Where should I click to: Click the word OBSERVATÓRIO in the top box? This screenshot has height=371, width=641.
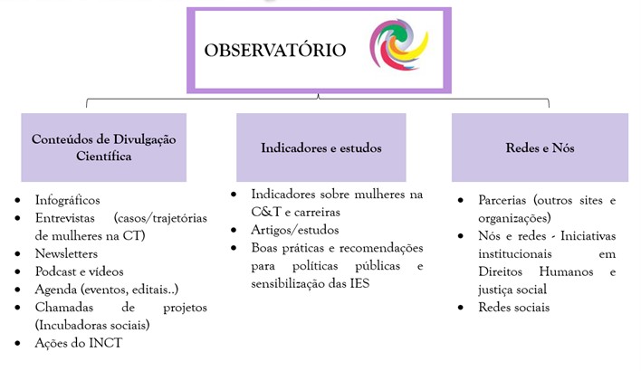(275, 50)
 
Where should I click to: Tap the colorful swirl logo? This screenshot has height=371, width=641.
(399, 44)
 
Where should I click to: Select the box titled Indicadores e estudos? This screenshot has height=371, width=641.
(320, 147)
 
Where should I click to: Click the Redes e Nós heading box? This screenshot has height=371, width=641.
(540, 147)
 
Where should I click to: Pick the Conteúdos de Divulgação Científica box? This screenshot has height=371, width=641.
(104, 147)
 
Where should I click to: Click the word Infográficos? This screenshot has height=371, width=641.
(68, 200)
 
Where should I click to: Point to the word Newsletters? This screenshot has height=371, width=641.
(66, 253)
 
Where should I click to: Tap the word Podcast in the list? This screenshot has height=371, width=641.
(55, 271)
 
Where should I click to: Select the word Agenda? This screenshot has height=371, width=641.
(56, 290)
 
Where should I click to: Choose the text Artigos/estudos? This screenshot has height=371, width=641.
(295, 230)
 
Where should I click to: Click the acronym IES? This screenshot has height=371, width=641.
(359, 283)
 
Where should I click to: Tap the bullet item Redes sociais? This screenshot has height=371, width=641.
(514, 308)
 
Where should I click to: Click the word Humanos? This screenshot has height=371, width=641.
(566, 271)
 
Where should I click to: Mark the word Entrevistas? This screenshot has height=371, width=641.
(64, 218)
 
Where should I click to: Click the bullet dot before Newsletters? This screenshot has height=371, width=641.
(17, 254)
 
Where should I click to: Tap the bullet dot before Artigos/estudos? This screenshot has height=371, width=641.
(234, 231)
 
